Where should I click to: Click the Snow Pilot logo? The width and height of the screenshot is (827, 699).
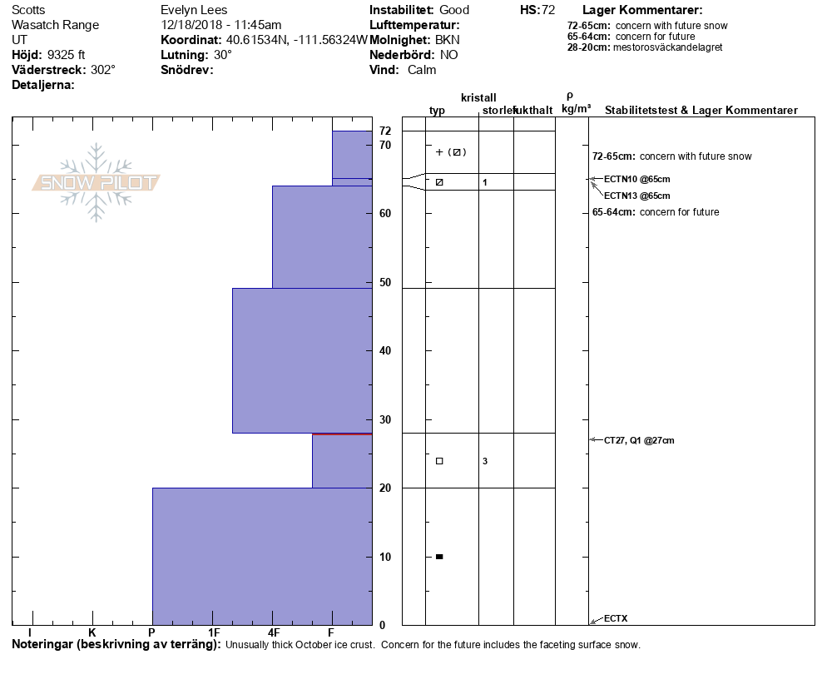(x=96, y=182)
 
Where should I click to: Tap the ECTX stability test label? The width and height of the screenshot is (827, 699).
(x=616, y=618)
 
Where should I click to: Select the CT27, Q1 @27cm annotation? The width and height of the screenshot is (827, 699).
(x=639, y=440)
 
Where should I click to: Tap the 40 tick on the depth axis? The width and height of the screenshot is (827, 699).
(x=385, y=350)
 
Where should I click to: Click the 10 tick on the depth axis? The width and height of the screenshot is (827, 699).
(x=385, y=557)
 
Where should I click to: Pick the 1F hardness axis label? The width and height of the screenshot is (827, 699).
(x=214, y=633)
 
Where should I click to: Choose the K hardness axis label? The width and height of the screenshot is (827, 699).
(x=92, y=633)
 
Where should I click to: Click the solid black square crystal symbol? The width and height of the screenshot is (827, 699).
(x=439, y=557)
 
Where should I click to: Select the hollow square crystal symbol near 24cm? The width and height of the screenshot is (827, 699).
(x=439, y=461)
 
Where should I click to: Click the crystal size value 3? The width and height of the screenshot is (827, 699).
(x=485, y=461)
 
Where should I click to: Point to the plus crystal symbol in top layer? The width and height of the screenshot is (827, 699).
(x=439, y=152)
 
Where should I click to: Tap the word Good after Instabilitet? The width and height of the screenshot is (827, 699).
(x=454, y=10)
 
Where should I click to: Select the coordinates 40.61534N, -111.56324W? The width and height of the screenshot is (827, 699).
(x=296, y=40)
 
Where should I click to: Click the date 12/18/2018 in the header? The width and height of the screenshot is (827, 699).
(x=192, y=25)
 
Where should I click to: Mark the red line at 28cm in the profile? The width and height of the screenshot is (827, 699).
(x=341, y=434)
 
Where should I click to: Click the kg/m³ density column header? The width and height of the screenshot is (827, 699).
(x=576, y=109)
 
